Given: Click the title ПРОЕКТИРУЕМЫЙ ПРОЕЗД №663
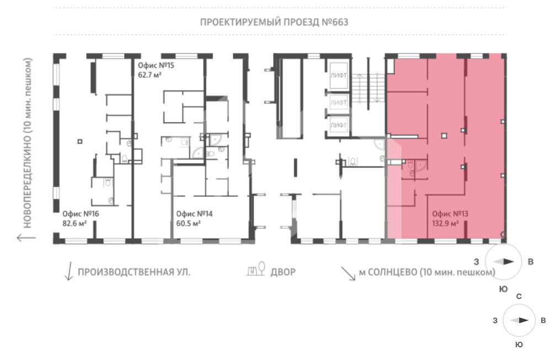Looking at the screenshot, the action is click(274, 22).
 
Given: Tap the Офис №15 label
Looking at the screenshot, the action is click(156, 65).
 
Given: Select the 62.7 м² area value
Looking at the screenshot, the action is click(150, 75).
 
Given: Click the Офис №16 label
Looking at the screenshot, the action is click(81, 214).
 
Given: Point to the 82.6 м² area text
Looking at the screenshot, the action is click(74, 224).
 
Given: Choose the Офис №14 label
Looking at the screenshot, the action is click(194, 214).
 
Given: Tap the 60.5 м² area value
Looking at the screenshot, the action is click(188, 224).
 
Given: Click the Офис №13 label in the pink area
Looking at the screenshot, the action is click(450, 214).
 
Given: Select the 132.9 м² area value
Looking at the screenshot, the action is click(445, 224).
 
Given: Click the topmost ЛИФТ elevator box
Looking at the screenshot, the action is click(338, 76).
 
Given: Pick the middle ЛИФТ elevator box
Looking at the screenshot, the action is click(338, 103).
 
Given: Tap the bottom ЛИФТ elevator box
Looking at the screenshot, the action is click(338, 125).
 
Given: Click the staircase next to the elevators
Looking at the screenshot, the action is click(368, 88).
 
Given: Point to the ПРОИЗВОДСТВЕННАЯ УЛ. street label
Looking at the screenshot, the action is click(134, 272).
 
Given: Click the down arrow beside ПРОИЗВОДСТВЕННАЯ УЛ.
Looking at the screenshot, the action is click(70, 271).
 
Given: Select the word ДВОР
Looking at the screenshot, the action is click(283, 272).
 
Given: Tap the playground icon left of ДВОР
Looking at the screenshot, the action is click(256, 268).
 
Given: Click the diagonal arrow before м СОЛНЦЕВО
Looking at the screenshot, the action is click(348, 273).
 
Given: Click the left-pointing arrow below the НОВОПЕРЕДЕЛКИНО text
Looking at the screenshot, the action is click(26, 237).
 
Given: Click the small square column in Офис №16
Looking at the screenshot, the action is click(80, 141).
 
